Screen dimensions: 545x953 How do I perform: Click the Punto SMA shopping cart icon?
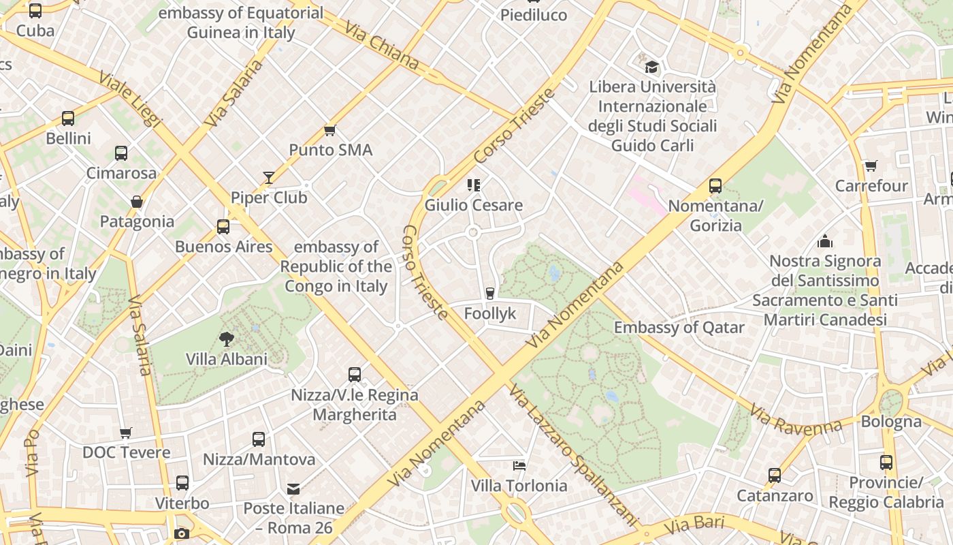330,130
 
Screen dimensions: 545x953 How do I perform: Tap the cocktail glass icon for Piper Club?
269,178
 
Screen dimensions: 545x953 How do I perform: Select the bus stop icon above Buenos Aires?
223,227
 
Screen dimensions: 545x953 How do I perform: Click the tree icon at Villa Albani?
226,339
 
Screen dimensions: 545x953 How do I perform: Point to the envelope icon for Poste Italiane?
293,488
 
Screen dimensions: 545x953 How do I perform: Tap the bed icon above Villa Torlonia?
519,466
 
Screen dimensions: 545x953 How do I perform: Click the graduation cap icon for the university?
652,67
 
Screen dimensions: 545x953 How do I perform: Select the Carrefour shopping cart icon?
871,166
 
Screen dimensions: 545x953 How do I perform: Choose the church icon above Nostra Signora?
825,241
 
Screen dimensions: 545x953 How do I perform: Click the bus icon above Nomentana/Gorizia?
715,185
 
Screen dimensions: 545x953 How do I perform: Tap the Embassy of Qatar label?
679,328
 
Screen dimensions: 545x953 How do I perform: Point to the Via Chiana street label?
381,46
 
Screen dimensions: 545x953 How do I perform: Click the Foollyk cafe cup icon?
489,293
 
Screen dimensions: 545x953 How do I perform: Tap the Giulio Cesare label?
474,205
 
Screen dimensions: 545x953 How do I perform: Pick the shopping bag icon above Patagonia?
137,202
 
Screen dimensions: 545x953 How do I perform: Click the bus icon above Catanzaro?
775,476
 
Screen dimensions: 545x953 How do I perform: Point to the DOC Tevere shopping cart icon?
126,433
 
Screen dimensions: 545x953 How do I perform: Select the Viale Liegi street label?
130,99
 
